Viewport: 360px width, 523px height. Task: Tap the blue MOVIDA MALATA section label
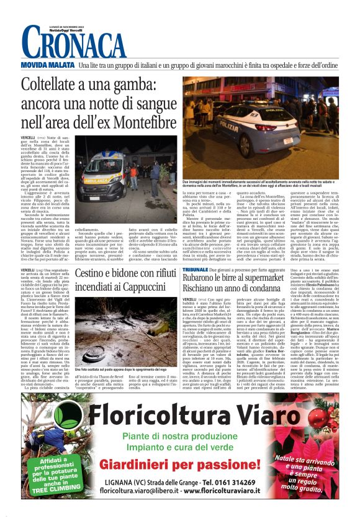pyautogui.click(x=47, y=65)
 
